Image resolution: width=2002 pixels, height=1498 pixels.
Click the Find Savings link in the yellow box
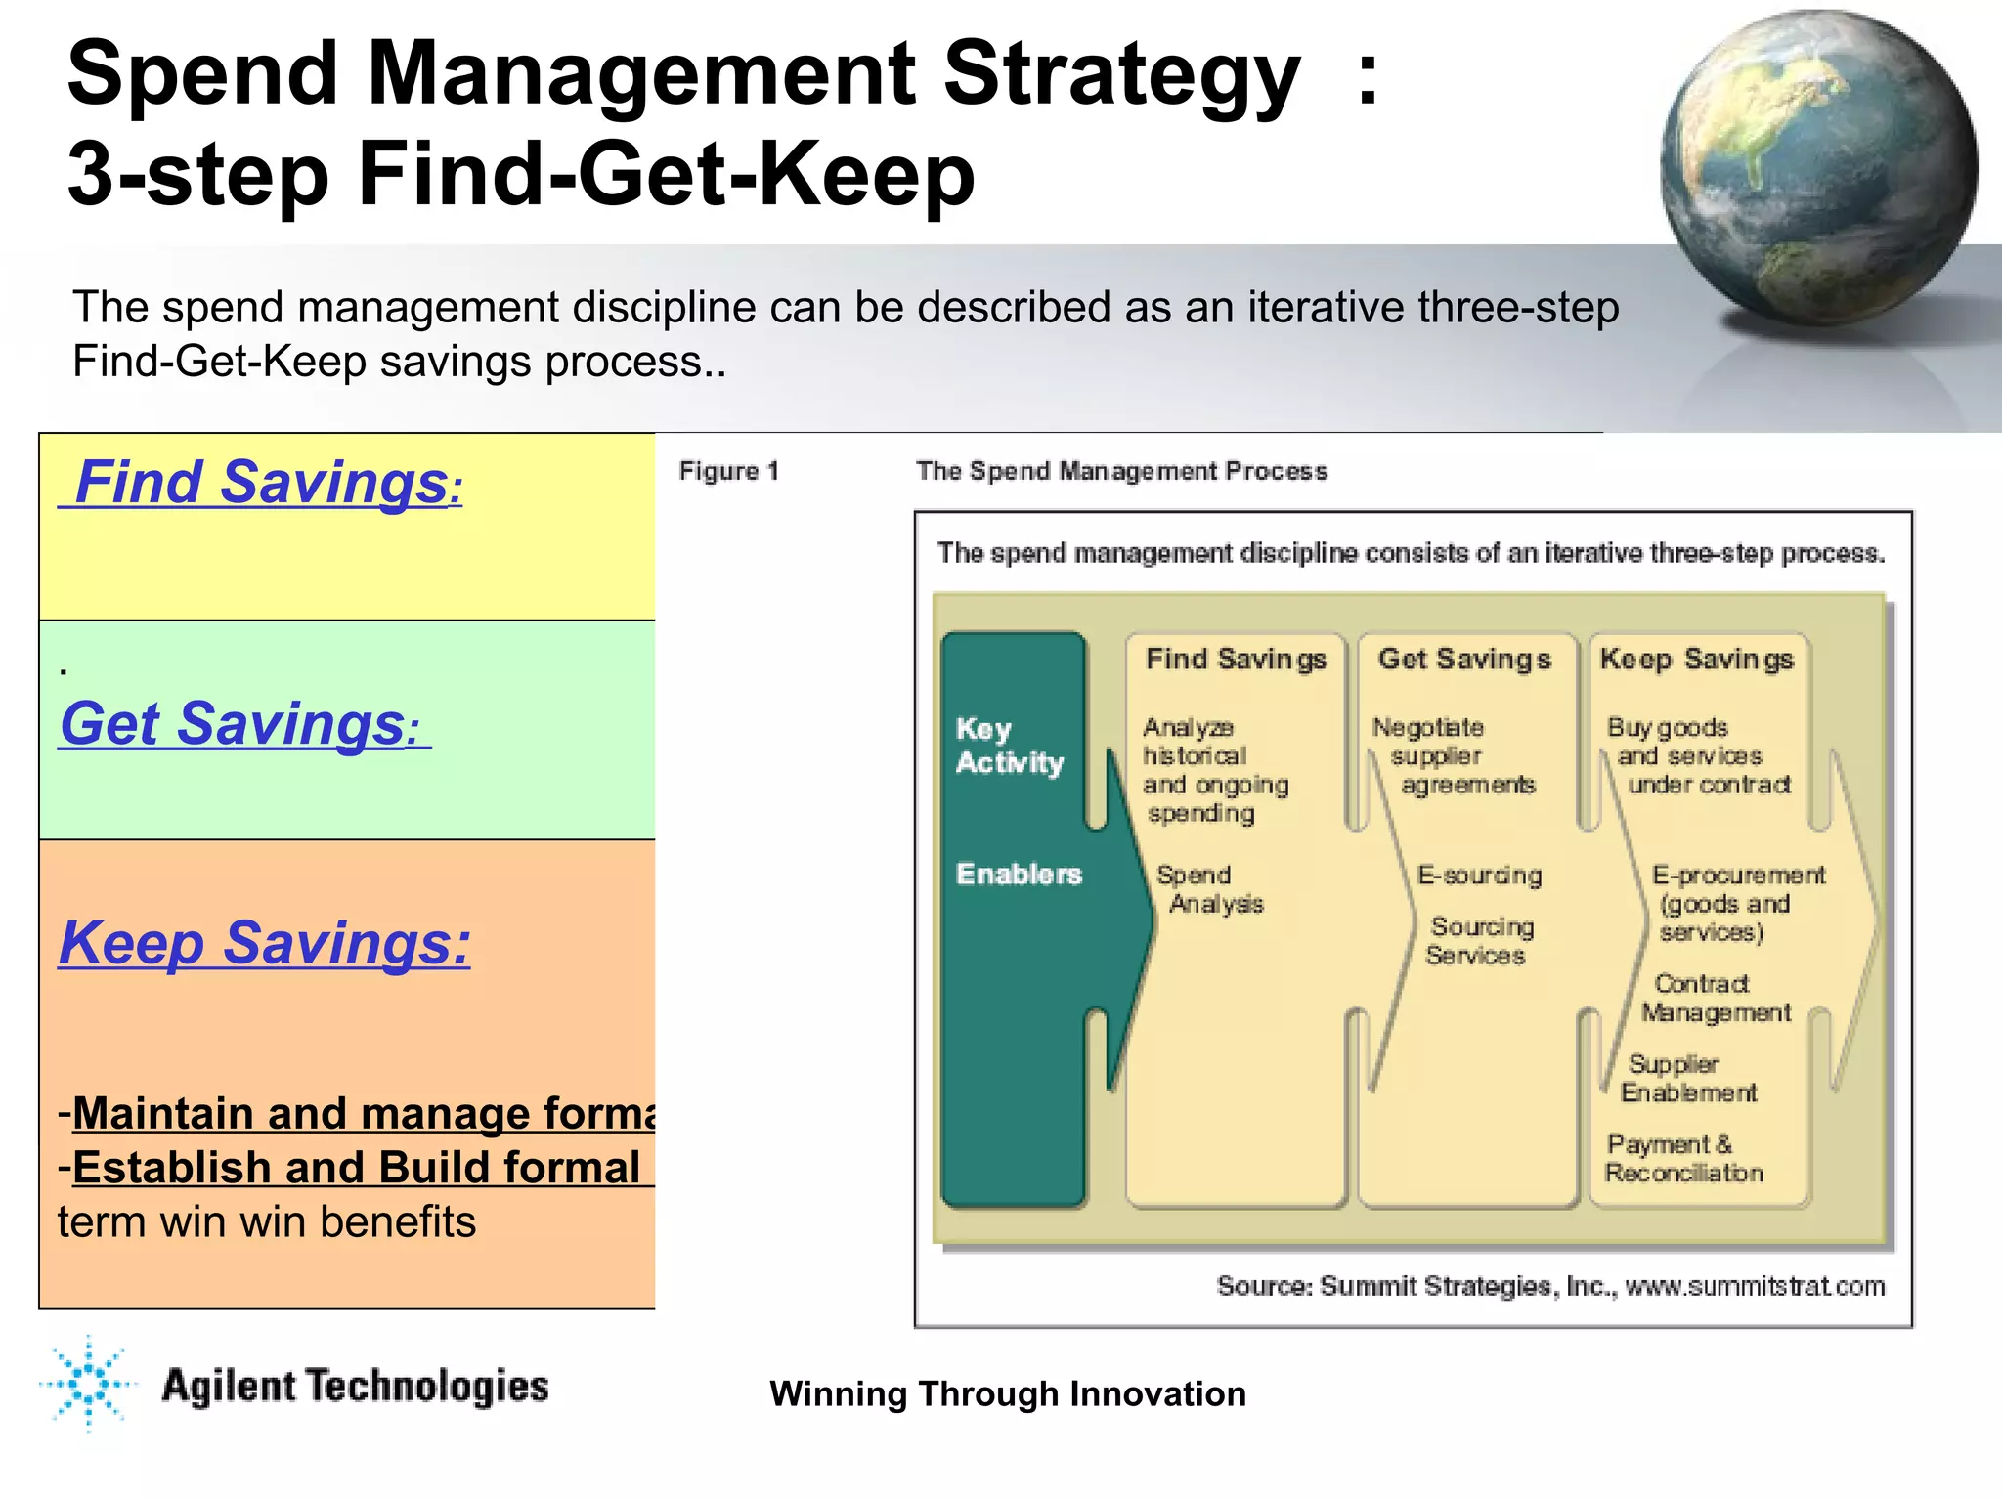[260, 483]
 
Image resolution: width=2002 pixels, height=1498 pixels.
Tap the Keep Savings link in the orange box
[264, 943]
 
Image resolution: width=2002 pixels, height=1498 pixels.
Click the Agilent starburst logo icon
[88, 1383]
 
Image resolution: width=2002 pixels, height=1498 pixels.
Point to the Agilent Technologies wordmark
[355, 1387]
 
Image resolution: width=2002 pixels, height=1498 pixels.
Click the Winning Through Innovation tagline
[1007, 1393]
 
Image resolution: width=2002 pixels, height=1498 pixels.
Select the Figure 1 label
[728, 471]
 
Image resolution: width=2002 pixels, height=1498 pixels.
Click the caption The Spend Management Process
[1121, 471]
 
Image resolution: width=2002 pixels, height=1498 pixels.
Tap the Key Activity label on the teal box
[1009, 745]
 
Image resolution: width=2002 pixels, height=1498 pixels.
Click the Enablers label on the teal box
[1019, 874]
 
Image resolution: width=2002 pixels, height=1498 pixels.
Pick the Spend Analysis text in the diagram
[1209, 889]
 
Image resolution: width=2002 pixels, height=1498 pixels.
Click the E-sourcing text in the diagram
[1479, 875]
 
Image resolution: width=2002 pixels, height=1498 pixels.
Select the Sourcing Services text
[1479, 940]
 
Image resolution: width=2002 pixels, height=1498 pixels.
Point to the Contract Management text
[1715, 998]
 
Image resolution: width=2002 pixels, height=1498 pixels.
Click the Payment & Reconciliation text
[1683, 1158]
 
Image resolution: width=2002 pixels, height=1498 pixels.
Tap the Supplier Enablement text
[1687, 1078]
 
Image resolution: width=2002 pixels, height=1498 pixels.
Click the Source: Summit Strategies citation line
[1549, 1286]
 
